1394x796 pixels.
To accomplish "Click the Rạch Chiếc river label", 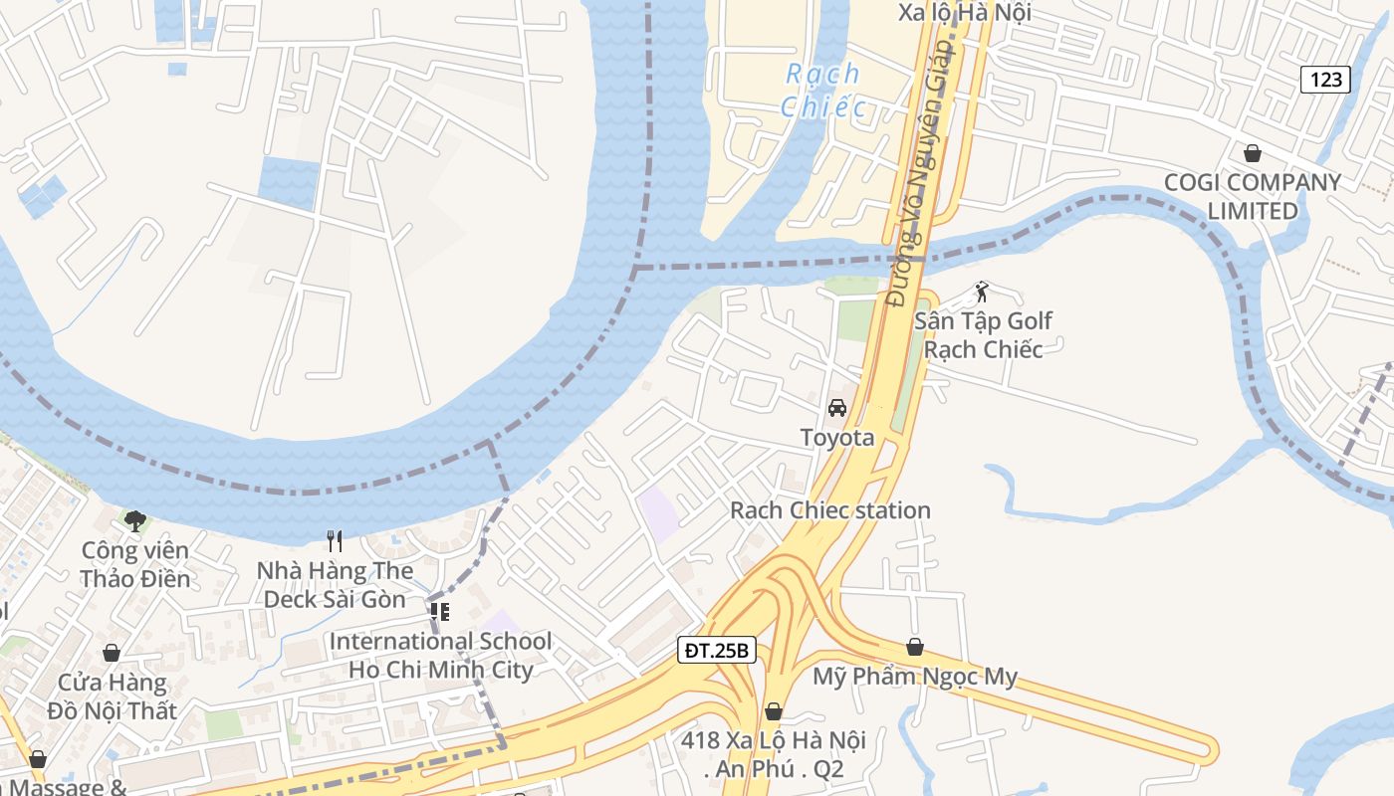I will pos(821,90).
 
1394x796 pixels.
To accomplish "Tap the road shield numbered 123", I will pos(1325,79).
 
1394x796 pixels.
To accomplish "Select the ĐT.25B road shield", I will pos(717,651).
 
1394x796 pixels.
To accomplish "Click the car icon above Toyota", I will pos(837,408).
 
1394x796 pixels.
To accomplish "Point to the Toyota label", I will pos(837,438).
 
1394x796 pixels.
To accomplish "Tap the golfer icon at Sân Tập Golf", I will pos(982,293).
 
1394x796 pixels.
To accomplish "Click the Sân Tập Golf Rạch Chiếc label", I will pos(984,335).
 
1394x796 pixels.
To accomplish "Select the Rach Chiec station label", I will pos(830,510).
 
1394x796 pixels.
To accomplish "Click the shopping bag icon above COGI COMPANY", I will pos(1253,153).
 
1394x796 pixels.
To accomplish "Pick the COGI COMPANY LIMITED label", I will pos(1253,196).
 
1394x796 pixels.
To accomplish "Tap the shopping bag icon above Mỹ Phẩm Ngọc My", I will pos(915,647).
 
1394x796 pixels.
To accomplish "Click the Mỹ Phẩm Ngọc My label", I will pos(915,678).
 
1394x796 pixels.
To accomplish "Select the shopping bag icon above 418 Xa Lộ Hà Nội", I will pos(774,711).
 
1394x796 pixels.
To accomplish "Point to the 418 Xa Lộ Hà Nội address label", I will pos(774,754).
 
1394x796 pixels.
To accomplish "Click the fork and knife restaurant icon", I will pos(335,541).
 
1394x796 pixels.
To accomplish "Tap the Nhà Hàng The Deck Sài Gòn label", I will pos(335,585).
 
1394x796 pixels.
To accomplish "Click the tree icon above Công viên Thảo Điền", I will pos(135,520).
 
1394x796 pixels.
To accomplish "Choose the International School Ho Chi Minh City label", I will pos(441,656).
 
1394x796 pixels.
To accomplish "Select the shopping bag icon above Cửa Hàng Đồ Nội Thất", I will pos(112,653).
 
